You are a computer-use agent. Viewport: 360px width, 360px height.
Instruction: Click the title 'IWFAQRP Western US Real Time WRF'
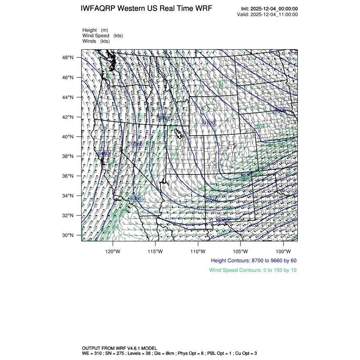[146, 8]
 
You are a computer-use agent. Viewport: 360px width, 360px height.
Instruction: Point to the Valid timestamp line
[267, 14]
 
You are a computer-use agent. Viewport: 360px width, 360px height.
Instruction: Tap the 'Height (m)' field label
[95, 30]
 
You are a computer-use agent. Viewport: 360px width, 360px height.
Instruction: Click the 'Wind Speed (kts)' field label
[102, 36]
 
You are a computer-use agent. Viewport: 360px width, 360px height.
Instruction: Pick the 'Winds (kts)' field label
[96, 41]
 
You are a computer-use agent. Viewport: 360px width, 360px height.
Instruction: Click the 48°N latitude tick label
[69, 58]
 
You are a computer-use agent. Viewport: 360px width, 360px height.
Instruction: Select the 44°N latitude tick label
[69, 97]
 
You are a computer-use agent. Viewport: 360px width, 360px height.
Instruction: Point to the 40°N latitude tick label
[69, 136]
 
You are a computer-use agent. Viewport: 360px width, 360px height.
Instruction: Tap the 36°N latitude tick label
[69, 176]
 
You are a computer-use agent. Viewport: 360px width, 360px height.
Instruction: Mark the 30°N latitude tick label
[69, 235]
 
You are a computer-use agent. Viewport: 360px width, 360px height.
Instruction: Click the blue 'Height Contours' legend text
[253, 260]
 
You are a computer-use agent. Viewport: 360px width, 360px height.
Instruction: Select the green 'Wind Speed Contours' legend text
[253, 270]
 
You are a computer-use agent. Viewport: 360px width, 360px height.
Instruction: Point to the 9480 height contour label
[103, 153]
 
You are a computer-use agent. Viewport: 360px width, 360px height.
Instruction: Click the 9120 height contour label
[209, 123]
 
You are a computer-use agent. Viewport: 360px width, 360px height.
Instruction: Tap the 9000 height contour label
[280, 110]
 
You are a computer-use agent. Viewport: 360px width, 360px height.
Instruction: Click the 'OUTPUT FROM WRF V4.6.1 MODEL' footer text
[119, 348]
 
